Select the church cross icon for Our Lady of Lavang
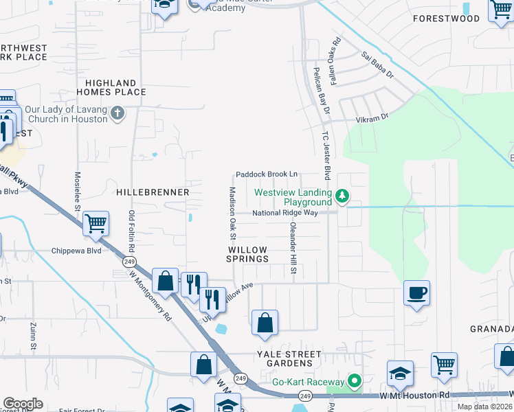(x=118, y=113)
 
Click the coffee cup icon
(x=417, y=293)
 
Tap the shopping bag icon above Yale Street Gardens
(x=265, y=323)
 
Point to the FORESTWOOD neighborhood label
(x=446, y=19)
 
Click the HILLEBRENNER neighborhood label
(x=153, y=193)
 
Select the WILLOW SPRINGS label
(x=248, y=254)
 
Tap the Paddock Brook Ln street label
(x=267, y=175)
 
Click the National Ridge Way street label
(x=284, y=213)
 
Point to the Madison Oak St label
(x=232, y=209)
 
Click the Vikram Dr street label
(x=372, y=118)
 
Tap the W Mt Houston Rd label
(x=414, y=396)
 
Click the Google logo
(x=23, y=404)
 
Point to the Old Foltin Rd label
(x=131, y=230)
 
